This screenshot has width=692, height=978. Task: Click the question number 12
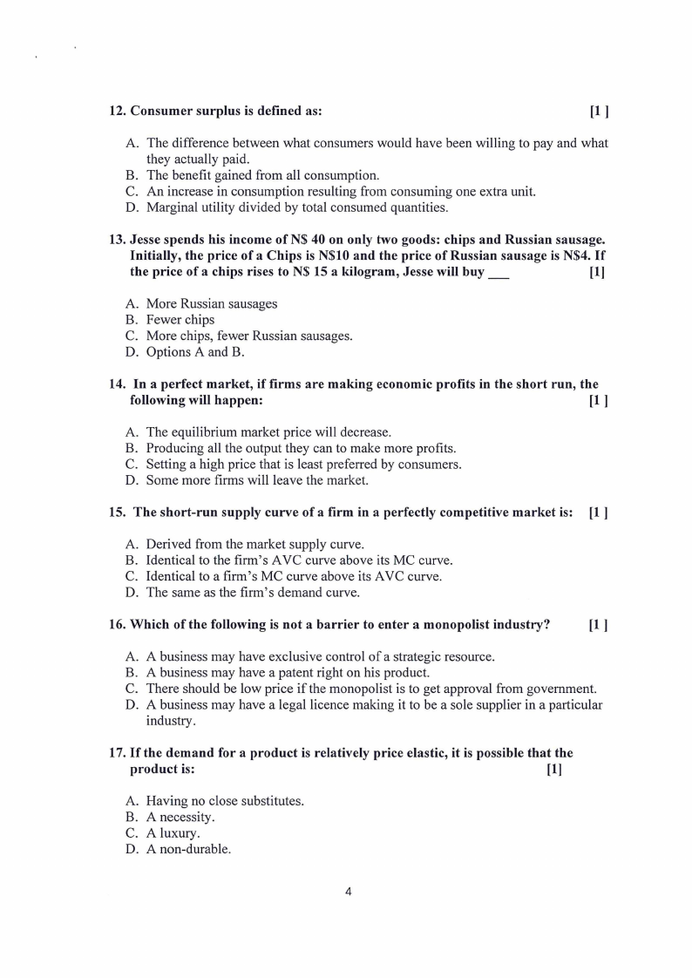click(117, 112)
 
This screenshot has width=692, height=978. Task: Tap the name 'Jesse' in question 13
click(146, 240)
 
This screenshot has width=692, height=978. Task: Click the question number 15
click(117, 513)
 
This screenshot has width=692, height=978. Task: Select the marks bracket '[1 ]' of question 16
click(598, 625)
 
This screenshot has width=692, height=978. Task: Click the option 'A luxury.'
click(173, 833)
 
